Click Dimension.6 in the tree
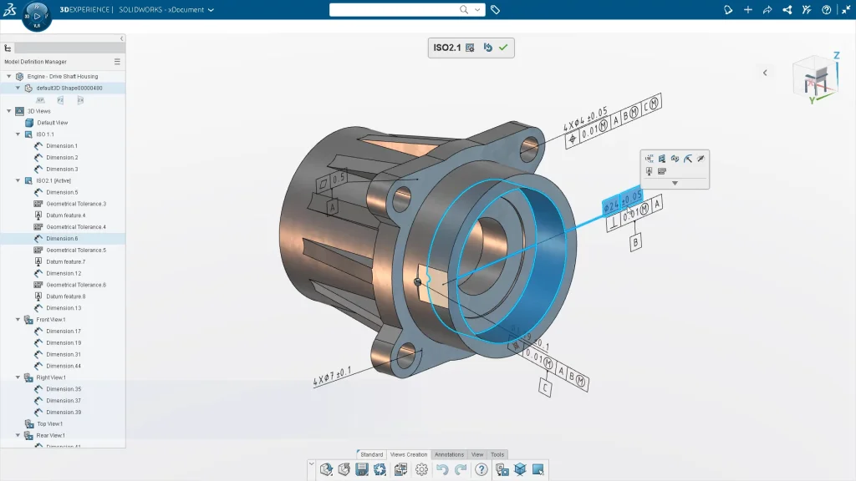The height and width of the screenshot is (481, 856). pyautogui.click(x=62, y=239)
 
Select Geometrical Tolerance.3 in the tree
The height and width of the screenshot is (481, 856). pyautogui.click(x=75, y=204)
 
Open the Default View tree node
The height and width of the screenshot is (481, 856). pyautogui.click(x=52, y=123)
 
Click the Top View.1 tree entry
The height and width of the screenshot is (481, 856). pyautogui.click(x=50, y=423)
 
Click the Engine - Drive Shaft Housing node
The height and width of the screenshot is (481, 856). pyautogui.click(x=62, y=76)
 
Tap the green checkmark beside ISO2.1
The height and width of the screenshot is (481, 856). pyautogui.click(x=503, y=48)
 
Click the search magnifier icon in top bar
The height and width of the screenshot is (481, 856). pyautogui.click(x=465, y=10)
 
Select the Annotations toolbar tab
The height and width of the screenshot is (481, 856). pyautogui.click(x=449, y=454)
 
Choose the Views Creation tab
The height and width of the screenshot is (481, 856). pyautogui.click(x=409, y=454)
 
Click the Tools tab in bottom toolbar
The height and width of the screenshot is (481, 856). pyautogui.click(x=497, y=454)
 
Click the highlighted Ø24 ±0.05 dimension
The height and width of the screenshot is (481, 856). pyautogui.click(x=623, y=200)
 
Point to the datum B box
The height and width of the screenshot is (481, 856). pyautogui.click(x=635, y=243)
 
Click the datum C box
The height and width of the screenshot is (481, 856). pyautogui.click(x=545, y=389)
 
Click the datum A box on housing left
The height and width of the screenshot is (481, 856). pyautogui.click(x=332, y=206)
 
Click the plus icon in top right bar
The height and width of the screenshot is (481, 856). pyautogui.click(x=747, y=10)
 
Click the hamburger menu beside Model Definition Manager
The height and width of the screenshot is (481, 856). pyautogui.click(x=117, y=62)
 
